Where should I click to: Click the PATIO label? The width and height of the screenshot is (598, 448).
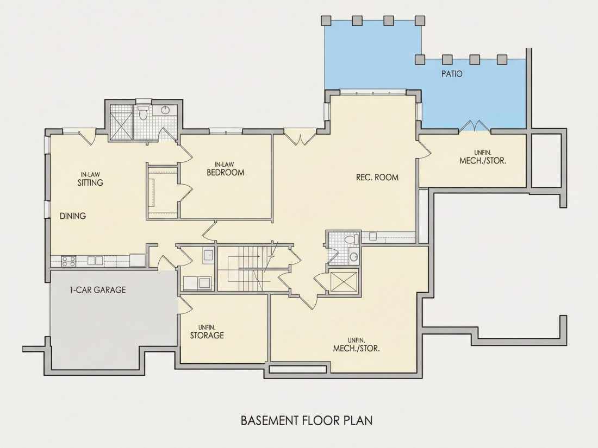[x=452, y=73]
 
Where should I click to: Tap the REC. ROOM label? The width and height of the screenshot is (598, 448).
[x=377, y=177]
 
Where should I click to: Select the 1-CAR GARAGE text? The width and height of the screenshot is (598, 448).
[x=98, y=290]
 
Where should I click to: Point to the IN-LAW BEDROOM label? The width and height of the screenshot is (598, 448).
[x=226, y=169]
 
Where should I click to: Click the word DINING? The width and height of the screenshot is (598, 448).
[x=73, y=216]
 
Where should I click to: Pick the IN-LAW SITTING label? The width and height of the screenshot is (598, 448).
[x=90, y=179]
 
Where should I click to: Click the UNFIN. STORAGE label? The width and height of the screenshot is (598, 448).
[x=207, y=332]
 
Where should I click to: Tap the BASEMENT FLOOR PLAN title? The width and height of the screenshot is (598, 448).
[x=307, y=420]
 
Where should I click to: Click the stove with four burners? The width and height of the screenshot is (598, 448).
[x=68, y=261]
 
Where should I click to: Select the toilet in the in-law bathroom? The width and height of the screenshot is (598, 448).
[x=144, y=113]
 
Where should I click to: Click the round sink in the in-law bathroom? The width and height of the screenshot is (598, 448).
[x=165, y=110]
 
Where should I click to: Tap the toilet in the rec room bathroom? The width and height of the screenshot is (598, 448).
[x=351, y=240]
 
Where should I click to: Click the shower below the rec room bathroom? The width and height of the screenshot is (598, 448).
[x=344, y=281]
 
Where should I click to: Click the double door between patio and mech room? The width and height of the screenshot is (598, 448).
[x=475, y=126]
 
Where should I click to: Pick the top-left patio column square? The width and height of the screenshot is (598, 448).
[x=326, y=20]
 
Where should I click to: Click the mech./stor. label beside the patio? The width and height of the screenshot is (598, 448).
[x=483, y=157]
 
